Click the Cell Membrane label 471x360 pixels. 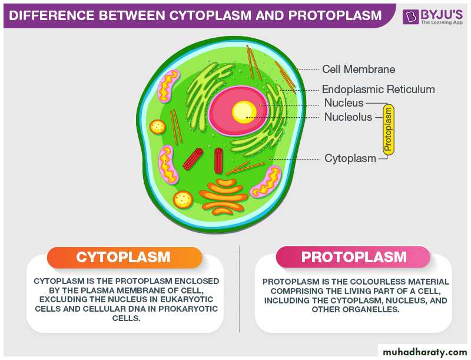(x=359, y=70)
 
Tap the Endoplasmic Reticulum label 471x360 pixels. (x=378, y=89)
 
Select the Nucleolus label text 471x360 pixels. (x=348, y=117)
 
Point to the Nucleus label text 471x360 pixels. (x=344, y=103)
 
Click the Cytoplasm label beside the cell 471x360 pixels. (x=350, y=158)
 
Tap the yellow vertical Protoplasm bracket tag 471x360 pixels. (x=389, y=130)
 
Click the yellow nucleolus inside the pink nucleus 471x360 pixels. (x=244, y=112)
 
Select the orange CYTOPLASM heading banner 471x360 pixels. (x=124, y=257)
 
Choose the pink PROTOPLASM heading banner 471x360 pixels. (x=353, y=257)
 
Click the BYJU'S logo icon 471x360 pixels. (x=410, y=16)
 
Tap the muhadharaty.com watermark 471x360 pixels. (x=424, y=352)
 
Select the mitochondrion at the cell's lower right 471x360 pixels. (x=266, y=183)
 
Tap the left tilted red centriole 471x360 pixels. (x=193, y=158)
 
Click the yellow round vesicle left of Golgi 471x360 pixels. (x=183, y=200)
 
